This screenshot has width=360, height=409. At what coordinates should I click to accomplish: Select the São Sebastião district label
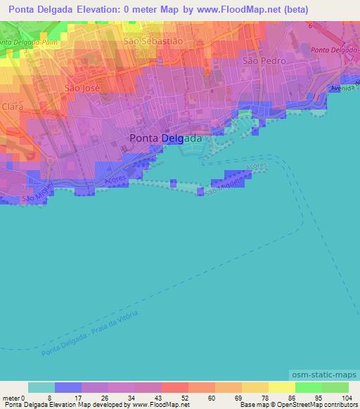pos(153,41)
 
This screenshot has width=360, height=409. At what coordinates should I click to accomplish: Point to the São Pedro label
pos(264,61)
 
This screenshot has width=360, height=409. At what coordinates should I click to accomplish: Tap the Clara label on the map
pos(13,107)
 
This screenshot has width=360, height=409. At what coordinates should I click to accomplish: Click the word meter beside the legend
pos(11,397)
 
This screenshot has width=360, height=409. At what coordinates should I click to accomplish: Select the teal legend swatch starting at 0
pos(41,387)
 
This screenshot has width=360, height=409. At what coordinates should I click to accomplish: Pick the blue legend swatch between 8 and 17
pos(68,387)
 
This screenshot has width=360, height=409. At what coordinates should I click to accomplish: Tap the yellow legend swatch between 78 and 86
pos(282,387)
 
